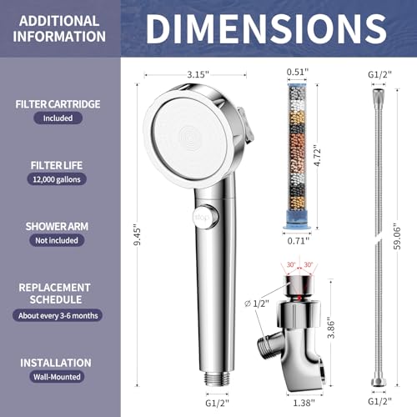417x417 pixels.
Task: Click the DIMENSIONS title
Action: tap(266, 28)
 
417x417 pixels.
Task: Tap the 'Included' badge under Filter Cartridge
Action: tap(58, 118)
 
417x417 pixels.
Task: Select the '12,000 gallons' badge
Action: tap(57, 179)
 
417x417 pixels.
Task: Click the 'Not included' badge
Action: tap(57, 240)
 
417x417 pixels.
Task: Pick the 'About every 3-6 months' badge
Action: tap(58, 315)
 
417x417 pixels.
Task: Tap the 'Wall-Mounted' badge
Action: tap(57, 377)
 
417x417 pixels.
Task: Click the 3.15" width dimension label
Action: tap(198, 74)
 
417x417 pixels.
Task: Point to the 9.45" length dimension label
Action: tap(137, 235)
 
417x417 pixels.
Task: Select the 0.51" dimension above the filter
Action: tap(298, 72)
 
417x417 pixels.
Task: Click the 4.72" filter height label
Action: tap(317, 156)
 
